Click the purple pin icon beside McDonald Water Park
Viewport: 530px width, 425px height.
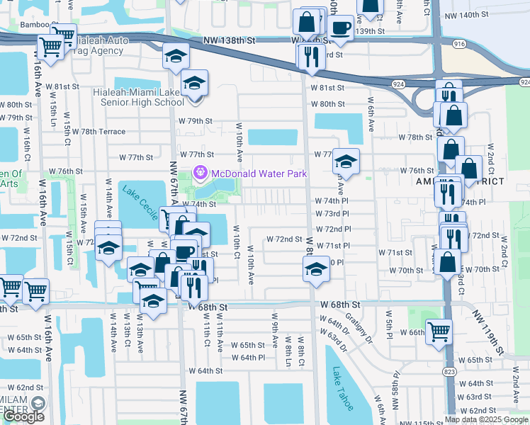pyautogui.click(x=200, y=172)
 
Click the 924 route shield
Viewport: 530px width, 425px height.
pyautogui.click(x=397, y=84)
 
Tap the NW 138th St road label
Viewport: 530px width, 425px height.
pyautogui.click(x=227, y=42)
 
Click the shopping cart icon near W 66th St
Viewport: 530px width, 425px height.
pyautogui.click(x=439, y=329)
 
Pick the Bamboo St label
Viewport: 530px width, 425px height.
pyautogui.click(x=39, y=25)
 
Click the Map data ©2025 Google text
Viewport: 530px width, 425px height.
pyautogui.click(x=486, y=419)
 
